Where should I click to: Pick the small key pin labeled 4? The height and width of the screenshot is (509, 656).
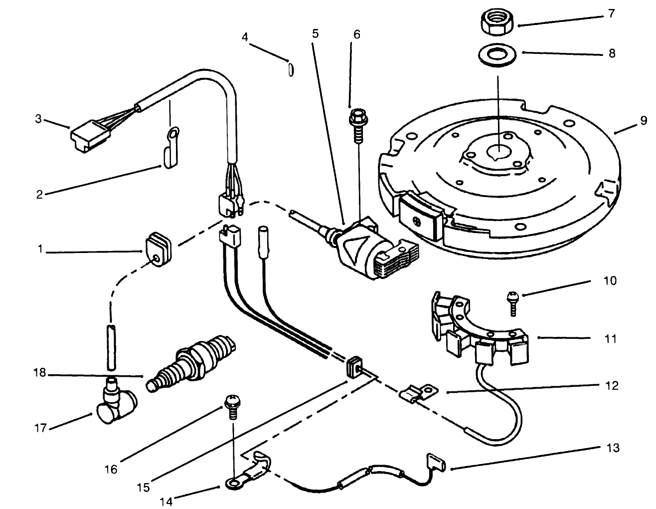[290, 68]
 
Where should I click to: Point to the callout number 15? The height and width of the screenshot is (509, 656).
[143, 487]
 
